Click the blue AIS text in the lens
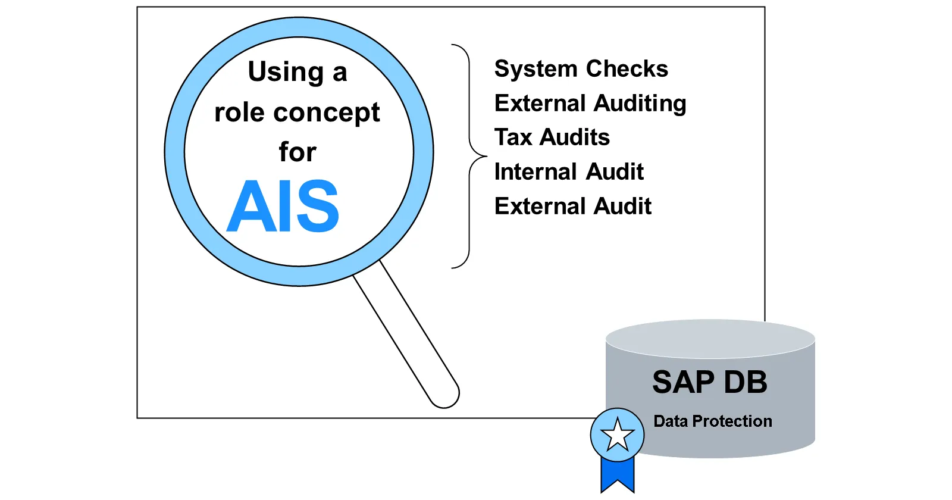click(283, 207)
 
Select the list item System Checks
click(581, 69)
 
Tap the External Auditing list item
click(590, 104)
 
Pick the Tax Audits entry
click(552, 137)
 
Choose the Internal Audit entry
click(568, 172)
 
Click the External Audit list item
click(572, 207)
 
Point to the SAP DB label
click(709, 382)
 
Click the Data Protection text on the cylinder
click(712, 421)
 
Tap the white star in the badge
click(617, 435)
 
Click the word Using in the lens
click(286, 72)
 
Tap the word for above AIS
click(297, 152)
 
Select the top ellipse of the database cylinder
click(710, 339)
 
